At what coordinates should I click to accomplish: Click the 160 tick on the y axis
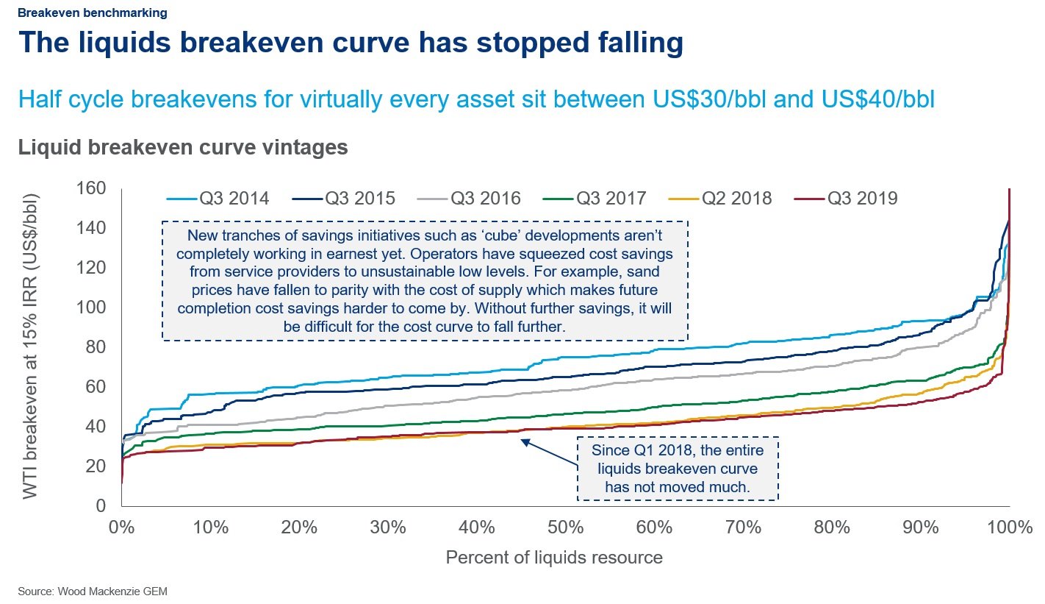pos(92,189)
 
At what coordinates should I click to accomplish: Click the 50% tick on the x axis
pos(565,527)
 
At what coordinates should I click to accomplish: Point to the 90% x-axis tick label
pos(921,527)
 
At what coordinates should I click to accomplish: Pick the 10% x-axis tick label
pos(210,527)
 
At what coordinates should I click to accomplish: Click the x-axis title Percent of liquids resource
pos(554,558)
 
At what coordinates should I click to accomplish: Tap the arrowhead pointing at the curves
pos(524,441)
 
